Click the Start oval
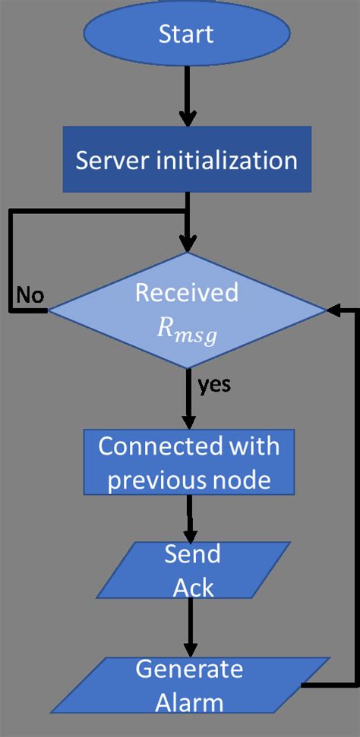(186, 34)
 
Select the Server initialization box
(187, 160)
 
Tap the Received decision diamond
(187, 310)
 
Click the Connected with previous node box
(189, 463)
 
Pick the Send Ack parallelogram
(192, 568)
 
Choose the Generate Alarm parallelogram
(189, 686)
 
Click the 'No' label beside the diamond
(30, 295)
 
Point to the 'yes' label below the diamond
(214, 386)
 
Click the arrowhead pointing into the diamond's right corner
(333, 310)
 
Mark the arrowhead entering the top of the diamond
(187, 243)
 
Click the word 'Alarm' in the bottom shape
(189, 702)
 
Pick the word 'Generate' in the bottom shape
(189, 669)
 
